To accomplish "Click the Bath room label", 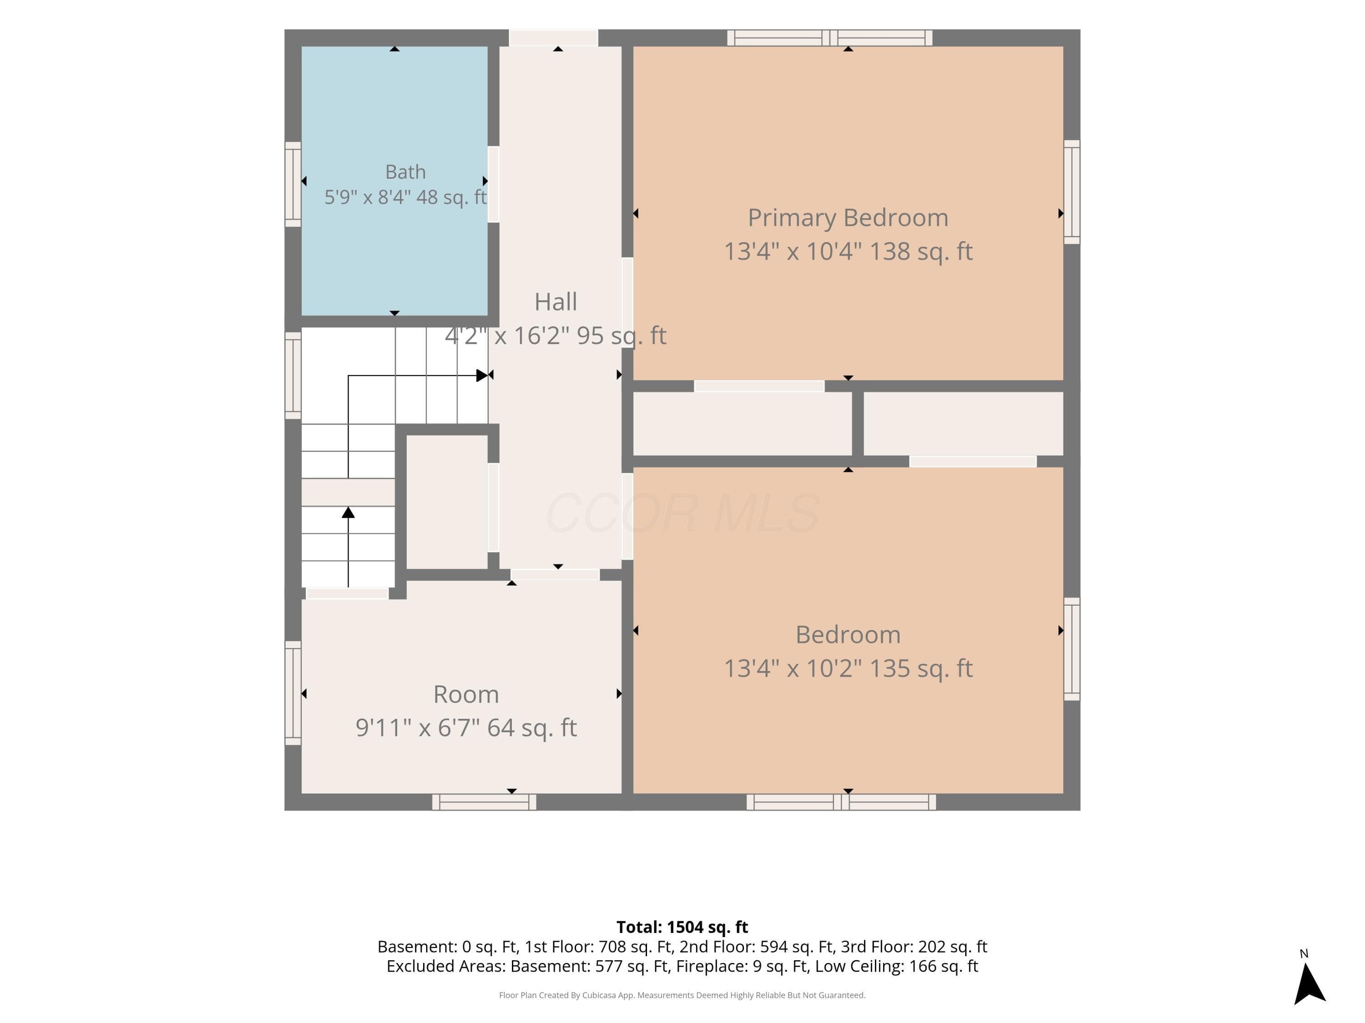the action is click(405, 171).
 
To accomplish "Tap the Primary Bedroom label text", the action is click(848, 218).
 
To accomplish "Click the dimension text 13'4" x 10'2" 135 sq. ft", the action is click(848, 668).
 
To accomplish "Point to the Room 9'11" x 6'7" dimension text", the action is click(466, 727).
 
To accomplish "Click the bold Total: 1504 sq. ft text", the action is click(682, 927).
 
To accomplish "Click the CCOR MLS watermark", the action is click(682, 513).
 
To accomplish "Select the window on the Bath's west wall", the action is click(293, 185).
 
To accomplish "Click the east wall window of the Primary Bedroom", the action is click(1072, 192).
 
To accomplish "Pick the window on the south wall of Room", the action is click(484, 802).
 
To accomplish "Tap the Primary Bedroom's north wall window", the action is click(829, 38).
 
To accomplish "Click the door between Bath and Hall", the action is click(493, 185).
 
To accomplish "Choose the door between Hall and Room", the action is click(555, 575).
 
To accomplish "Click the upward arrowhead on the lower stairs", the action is click(348, 512).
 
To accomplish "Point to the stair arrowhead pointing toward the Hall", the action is click(482, 375).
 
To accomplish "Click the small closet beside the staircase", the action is click(447, 502).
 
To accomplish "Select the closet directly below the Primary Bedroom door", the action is click(743, 424).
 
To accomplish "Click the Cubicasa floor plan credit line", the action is click(682, 995).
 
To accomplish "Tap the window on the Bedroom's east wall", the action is click(1072, 649).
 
